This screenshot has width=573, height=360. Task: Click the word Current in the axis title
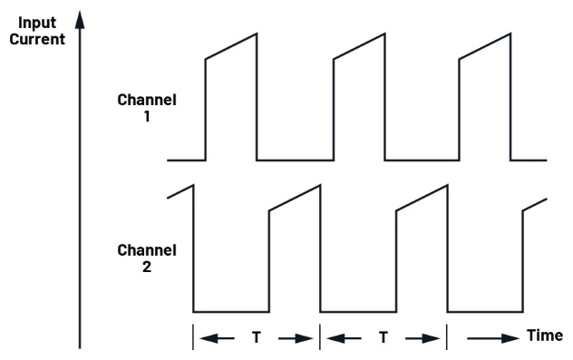pyautogui.click(x=36, y=39)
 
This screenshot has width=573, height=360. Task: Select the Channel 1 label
pyautogui.click(x=147, y=110)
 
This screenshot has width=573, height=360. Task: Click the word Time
pyautogui.click(x=545, y=336)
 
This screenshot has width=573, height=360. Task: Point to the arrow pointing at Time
pyautogui.click(x=494, y=337)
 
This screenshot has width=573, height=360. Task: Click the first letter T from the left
pyautogui.click(x=256, y=337)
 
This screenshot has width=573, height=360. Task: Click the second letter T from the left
pyautogui.click(x=384, y=337)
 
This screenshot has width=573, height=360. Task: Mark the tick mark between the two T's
pyautogui.click(x=320, y=336)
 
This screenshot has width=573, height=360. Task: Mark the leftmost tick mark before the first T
pyautogui.click(x=193, y=336)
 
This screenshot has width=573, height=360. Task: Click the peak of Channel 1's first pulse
pyautogui.click(x=257, y=34)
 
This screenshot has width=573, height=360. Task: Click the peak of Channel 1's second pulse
pyautogui.click(x=384, y=34)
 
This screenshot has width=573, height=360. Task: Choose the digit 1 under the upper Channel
pyautogui.click(x=147, y=119)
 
